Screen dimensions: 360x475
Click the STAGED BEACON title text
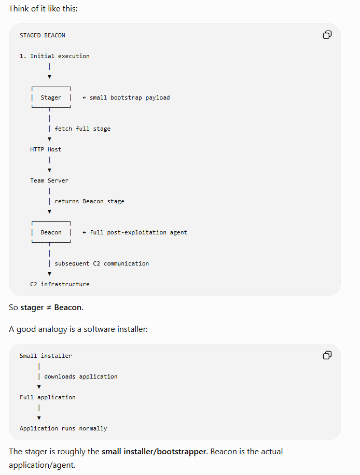pos(43,35)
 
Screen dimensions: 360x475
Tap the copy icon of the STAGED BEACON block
pos(327,35)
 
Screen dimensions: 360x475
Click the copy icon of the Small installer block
pos(327,355)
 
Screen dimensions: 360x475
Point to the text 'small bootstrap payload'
pos(130,97)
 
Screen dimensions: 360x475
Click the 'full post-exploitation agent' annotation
pos(138,232)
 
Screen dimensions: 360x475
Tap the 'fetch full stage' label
pos(82,129)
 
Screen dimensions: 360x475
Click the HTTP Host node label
pos(46,149)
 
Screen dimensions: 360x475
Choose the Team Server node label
pos(49,180)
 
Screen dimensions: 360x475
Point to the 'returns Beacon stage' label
pos(89,201)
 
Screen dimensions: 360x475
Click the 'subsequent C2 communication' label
pos(102,263)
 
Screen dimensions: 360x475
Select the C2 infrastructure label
pos(60,284)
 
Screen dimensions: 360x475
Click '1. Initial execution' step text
pos(54,56)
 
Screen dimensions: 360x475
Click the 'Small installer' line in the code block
pos(46,356)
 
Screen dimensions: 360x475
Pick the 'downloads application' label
pos(81,376)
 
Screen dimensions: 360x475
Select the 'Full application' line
pos(48,397)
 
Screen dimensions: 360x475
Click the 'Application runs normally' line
pos(63,428)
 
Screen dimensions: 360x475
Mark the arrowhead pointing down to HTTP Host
pos(49,139)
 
